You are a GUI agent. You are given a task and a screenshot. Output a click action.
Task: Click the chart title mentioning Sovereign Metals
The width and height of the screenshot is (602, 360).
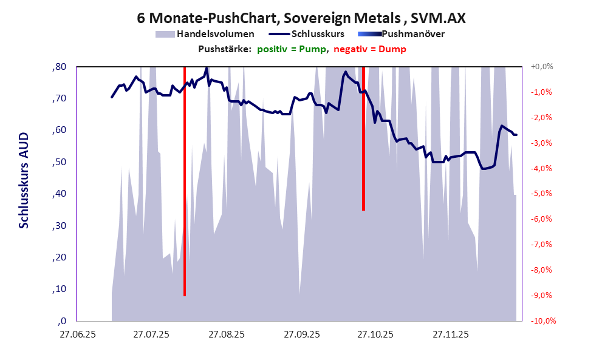pyautogui.click(x=301, y=18)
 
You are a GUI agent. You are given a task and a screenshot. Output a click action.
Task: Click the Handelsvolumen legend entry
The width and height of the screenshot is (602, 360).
pyautogui.click(x=214, y=34)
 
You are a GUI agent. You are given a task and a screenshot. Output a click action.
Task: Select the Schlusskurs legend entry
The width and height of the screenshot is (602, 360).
pyautogui.click(x=318, y=34)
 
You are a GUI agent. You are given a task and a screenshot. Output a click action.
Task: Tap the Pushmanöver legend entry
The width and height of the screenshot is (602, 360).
pyautogui.click(x=412, y=34)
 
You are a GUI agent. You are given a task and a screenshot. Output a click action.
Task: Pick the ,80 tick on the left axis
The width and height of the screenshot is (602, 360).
pyautogui.click(x=60, y=67)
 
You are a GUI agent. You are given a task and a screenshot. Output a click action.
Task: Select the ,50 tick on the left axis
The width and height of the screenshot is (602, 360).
pyautogui.click(x=60, y=162)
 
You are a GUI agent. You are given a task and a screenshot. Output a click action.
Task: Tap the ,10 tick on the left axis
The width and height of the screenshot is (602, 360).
pyautogui.click(x=60, y=289)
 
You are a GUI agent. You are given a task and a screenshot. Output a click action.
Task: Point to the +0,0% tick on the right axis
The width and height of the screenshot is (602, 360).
pyautogui.click(x=542, y=67)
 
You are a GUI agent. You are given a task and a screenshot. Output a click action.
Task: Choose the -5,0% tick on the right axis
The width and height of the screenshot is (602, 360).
pyautogui.click(x=542, y=194)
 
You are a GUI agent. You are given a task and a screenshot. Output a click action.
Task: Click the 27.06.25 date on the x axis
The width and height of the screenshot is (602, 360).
pyautogui.click(x=77, y=335)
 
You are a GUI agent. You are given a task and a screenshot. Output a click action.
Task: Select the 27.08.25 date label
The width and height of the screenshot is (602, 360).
pyautogui.click(x=226, y=335)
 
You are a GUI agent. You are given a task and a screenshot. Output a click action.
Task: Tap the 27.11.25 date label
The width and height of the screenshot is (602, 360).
pyautogui.click(x=450, y=335)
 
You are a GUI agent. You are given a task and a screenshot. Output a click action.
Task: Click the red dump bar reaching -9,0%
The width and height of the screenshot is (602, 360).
pyautogui.click(x=185, y=182)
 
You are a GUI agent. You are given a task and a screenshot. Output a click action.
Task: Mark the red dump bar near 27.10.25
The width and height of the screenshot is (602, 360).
pyautogui.click(x=363, y=140)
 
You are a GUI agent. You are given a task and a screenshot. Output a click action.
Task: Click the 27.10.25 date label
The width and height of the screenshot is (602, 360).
pyautogui.click(x=375, y=335)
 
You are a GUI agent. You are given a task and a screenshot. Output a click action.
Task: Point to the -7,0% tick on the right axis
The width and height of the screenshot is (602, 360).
pyautogui.click(x=542, y=245)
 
